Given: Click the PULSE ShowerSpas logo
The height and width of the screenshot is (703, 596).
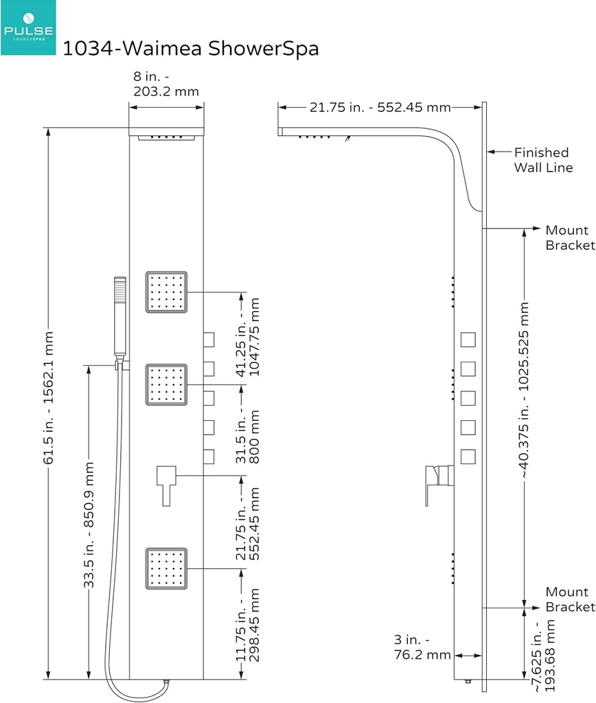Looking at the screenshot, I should [29, 28].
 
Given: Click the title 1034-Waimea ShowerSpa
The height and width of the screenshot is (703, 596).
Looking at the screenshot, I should [191, 49].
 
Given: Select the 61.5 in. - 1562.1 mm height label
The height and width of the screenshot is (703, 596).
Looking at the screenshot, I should [49, 397].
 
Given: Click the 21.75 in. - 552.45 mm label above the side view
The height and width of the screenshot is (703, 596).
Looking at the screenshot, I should [380, 107].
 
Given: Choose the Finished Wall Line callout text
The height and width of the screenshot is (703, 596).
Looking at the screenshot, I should [542, 159].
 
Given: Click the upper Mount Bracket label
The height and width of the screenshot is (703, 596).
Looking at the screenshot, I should [569, 238].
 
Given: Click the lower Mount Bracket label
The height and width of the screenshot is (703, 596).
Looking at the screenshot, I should [569, 599].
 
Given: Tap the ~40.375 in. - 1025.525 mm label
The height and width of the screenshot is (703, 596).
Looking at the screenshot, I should [525, 390].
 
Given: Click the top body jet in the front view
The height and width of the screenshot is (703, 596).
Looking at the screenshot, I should [166, 292].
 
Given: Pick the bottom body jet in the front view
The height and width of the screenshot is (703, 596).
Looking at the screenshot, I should [166, 568].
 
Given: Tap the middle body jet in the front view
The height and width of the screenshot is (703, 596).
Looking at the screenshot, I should [166, 385].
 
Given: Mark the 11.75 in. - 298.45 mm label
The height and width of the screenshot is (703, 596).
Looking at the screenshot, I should [248, 623].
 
